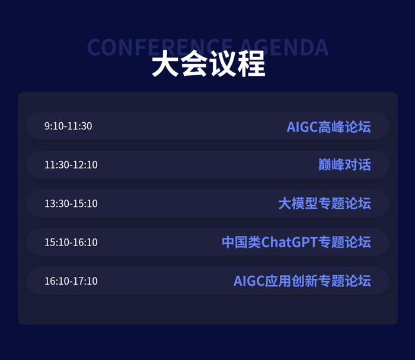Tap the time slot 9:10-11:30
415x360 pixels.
tap(68, 126)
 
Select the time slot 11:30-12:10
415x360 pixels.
tap(71, 165)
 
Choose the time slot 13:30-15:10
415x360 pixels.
tap(71, 203)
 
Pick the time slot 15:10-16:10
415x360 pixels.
tap(71, 242)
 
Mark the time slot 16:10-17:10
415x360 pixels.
tap(71, 281)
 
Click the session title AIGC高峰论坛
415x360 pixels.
tap(328, 126)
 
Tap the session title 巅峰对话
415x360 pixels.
tap(344, 165)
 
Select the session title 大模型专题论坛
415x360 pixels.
tap(324, 203)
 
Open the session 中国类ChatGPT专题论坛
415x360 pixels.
tap(296, 242)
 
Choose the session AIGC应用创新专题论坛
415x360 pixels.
tap(302, 281)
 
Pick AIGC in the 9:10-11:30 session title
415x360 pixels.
tap(301, 126)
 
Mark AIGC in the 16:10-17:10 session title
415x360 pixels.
tap(248, 281)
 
